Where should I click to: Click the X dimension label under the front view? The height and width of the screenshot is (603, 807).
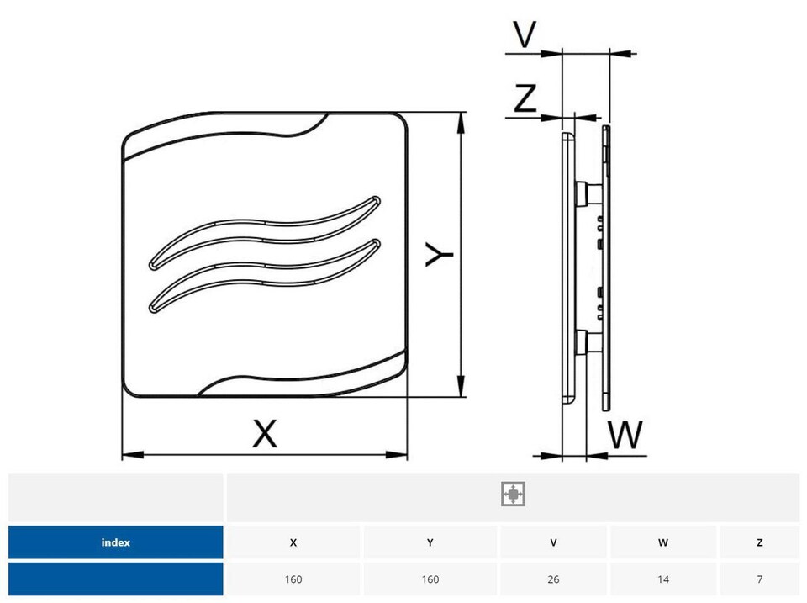pos(265,433)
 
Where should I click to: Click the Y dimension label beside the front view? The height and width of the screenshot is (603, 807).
pos(439,254)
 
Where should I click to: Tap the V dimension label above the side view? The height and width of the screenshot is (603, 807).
pos(525,34)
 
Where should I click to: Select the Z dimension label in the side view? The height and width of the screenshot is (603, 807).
pos(525,98)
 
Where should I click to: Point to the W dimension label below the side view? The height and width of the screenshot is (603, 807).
pos(625,435)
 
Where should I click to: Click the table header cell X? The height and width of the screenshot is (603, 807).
pos(293,542)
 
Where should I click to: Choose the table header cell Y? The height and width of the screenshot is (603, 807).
pos(430,542)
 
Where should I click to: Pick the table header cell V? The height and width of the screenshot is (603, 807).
pos(553,542)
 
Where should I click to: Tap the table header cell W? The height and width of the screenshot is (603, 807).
pos(663,542)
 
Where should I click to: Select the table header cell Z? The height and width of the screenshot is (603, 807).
pos(760,542)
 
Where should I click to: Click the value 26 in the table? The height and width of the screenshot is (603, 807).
pos(553,579)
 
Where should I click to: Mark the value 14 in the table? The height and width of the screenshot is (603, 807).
pos(663,579)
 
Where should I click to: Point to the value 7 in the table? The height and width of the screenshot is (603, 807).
pos(760,579)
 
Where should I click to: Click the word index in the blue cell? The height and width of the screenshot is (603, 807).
pos(116,542)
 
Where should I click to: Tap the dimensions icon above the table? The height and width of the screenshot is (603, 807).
pos(513,494)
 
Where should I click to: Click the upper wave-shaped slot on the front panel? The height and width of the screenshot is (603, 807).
pos(265,230)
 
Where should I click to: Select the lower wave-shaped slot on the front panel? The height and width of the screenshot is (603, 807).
pos(265,274)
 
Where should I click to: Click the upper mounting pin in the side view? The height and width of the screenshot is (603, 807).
pos(588,194)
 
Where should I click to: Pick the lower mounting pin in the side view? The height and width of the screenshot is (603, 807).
pos(588,342)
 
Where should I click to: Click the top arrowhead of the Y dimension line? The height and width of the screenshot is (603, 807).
pos(461,123)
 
